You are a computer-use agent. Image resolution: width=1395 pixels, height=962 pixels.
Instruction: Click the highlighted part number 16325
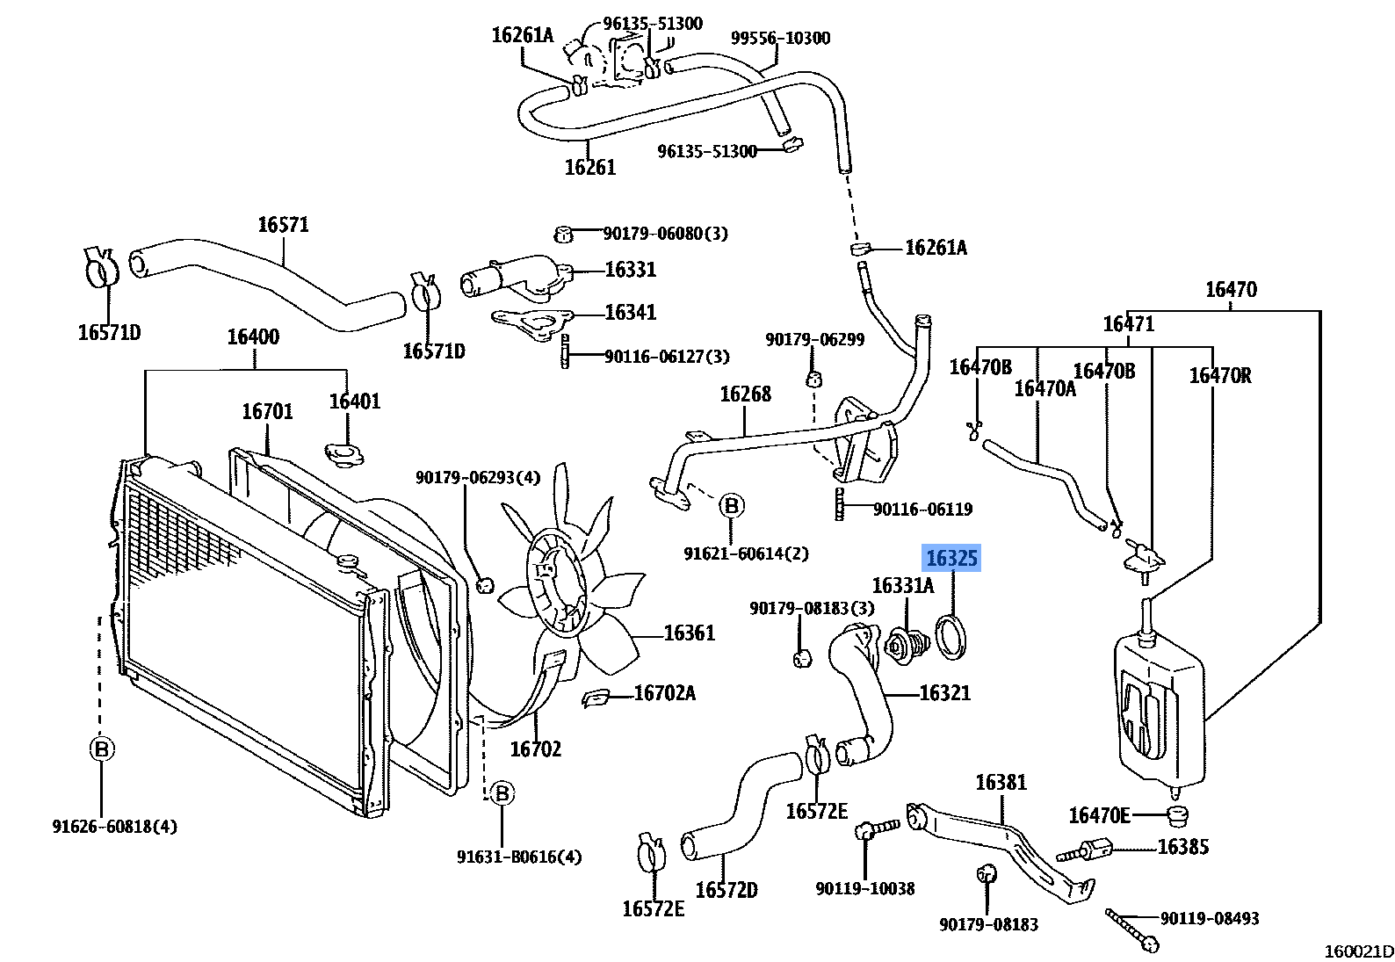pyautogui.click(x=951, y=558)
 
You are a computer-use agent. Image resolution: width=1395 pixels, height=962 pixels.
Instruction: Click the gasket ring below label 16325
pyautogui.click(x=951, y=637)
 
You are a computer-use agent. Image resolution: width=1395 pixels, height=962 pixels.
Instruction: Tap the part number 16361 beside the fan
pyautogui.click(x=689, y=633)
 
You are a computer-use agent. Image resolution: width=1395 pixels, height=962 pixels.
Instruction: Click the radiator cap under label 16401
pyautogui.click(x=343, y=455)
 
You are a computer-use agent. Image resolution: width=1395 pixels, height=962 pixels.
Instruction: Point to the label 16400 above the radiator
pyautogui.click(x=253, y=337)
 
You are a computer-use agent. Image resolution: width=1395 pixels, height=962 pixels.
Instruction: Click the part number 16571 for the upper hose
pyautogui.click(x=283, y=225)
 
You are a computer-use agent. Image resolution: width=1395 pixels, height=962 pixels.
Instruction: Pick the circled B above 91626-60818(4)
pyautogui.click(x=102, y=749)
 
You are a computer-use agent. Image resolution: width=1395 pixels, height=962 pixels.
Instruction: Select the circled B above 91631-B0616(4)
pyautogui.click(x=502, y=793)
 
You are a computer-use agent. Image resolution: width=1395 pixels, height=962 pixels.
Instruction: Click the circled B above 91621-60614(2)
pyautogui.click(x=731, y=506)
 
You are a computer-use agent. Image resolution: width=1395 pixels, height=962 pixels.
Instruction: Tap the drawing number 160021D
pyautogui.click(x=1358, y=951)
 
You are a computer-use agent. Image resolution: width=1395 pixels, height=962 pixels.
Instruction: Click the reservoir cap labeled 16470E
pyautogui.click(x=1177, y=816)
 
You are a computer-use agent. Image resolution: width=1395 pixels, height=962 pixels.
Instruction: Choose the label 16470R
pyautogui.click(x=1219, y=376)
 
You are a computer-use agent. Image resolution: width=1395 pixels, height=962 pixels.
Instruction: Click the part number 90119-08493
pyautogui.click(x=1209, y=919)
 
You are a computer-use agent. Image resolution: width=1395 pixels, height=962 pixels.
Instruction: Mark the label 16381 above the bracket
pyautogui.click(x=1001, y=783)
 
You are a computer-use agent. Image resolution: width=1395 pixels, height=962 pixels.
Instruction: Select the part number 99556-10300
pyautogui.click(x=780, y=39)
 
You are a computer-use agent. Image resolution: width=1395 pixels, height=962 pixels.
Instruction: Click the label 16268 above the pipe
pyautogui.click(x=745, y=394)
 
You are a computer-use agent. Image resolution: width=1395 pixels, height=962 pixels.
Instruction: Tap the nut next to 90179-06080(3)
pyautogui.click(x=564, y=234)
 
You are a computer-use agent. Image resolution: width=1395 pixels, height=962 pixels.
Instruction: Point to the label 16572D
pyautogui.click(x=726, y=891)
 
